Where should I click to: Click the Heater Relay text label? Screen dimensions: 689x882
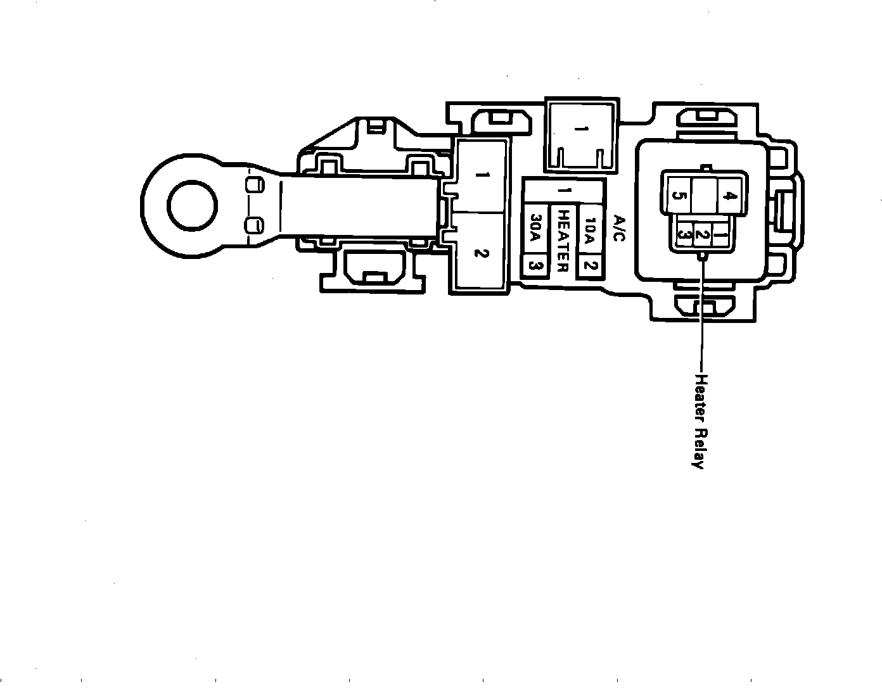click(700, 421)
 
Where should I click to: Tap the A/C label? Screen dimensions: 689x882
click(620, 229)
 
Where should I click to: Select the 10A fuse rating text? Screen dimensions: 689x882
click(590, 232)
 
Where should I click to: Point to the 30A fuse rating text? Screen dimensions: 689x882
click(534, 232)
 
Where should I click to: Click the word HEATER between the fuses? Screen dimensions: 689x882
click(562, 241)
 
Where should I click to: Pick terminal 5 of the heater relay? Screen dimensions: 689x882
click(677, 196)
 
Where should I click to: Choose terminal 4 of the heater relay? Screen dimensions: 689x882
click(729, 196)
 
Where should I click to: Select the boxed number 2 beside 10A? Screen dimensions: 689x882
click(590, 265)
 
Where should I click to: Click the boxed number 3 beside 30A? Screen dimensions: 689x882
click(534, 266)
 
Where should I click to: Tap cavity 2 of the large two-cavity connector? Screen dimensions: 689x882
click(480, 253)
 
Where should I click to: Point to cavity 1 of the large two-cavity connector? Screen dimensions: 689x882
click(480, 175)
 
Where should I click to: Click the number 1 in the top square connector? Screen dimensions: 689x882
click(580, 130)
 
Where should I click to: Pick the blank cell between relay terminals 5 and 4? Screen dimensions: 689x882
click(703, 196)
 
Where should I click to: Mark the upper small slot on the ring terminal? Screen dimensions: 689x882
click(254, 185)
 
